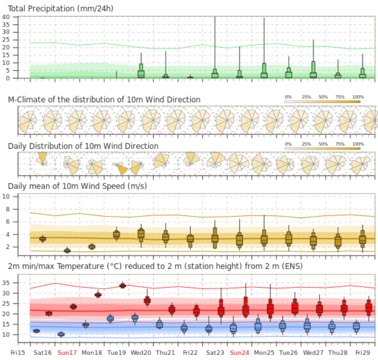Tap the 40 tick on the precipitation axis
[7, 17]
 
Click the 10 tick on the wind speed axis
[7, 197]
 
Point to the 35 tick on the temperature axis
[7, 283]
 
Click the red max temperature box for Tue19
[123, 286]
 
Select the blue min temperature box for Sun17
[61, 334]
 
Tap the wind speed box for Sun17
[67, 251]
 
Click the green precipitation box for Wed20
[141, 73]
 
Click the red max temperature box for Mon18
[98, 294]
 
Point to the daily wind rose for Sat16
[42, 159]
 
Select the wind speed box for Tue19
[117, 234]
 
